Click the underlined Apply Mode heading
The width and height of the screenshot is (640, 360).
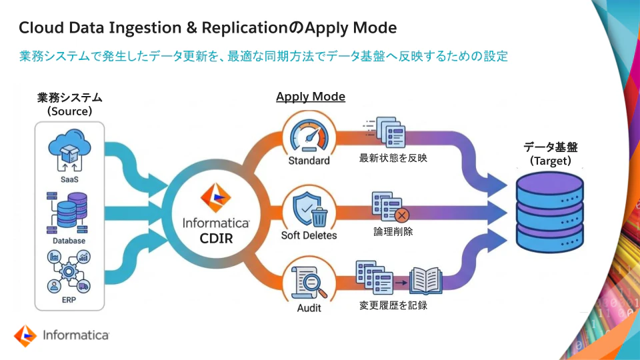click(311, 97)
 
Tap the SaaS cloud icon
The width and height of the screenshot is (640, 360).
click(69, 151)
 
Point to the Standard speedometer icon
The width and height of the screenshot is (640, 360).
click(309, 135)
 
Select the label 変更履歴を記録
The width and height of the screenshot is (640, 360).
click(393, 306)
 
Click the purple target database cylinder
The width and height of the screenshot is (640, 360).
click(549, 210)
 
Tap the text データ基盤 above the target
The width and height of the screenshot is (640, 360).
click(550, 147)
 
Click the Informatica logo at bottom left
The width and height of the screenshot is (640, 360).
click(61, 335)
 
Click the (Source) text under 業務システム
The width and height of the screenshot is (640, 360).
click(69, 111)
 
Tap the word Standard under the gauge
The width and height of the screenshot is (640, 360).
click(309, 161)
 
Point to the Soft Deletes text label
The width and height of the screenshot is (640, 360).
click(309, 235)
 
